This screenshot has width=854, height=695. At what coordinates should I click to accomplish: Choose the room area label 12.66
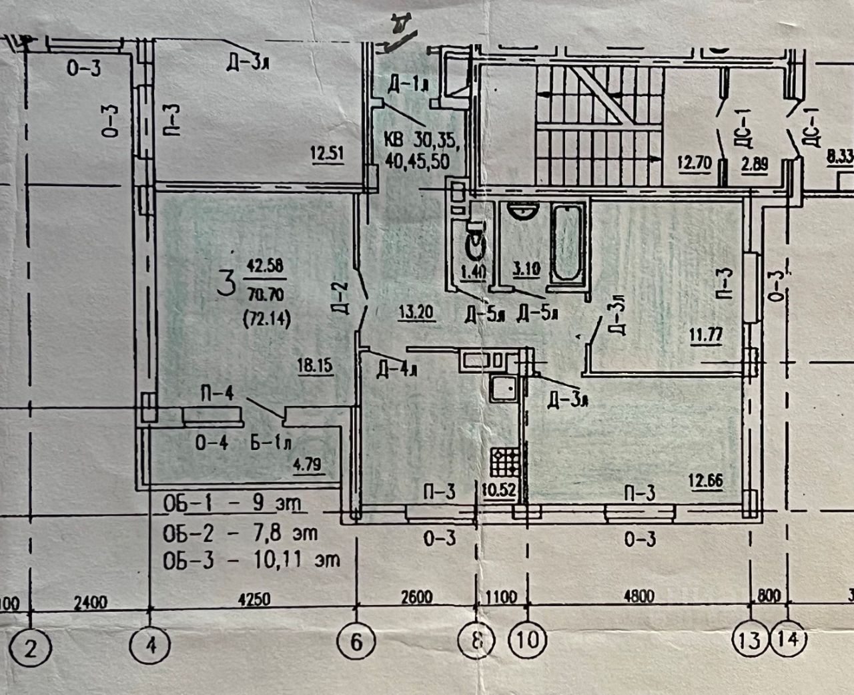[x=706, y=480]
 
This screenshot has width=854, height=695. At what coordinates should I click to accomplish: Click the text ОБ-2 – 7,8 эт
[x=240, y=533]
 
